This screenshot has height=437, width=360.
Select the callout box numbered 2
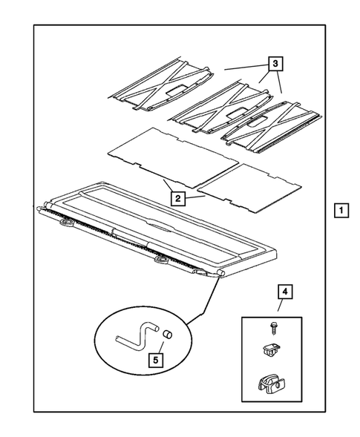pos(177,198)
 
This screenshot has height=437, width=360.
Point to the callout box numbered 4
pos(284,292)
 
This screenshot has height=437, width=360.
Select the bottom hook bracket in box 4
pos(270,384)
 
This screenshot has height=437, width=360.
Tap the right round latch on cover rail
pos(163,261)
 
